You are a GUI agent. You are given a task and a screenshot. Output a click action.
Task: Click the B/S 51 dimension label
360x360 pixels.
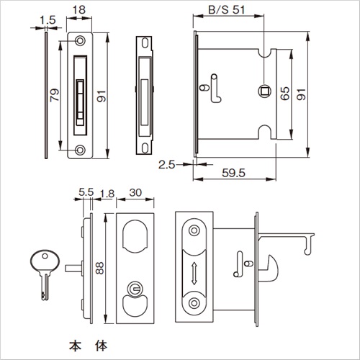click(227, 10)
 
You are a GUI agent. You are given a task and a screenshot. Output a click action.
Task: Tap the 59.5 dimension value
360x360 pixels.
click(233, 173)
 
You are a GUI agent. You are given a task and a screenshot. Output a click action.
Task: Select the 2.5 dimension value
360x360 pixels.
click(167, 165)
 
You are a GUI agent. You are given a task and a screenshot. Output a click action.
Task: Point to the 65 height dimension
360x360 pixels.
click(285, 94)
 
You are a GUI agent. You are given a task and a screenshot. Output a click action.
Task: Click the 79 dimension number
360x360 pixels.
click(55, 95)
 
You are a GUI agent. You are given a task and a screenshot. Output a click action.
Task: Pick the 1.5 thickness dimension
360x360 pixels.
click(48, 20)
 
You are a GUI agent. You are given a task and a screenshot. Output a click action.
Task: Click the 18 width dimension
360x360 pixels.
click(79, 10)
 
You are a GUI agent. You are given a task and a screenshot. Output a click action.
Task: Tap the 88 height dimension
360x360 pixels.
click(99, 268)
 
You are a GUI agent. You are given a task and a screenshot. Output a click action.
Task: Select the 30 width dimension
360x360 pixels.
click(135, 192)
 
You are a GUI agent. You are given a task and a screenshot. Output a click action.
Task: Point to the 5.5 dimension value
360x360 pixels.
click(86, 192)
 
